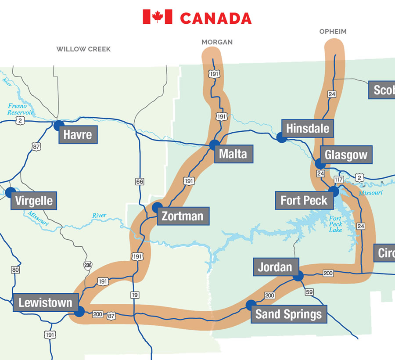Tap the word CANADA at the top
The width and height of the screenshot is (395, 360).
pyautogui.click(x=216, y=18)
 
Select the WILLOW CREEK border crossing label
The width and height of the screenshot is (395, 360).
pyautogui.click(x=83, y=49)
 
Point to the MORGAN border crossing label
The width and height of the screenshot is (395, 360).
pyautogui.click(x=217, y=42)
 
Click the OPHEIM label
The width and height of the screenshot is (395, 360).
pyautogui.click(x=333, y=32)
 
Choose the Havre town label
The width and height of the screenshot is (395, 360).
pyautogui.click(x=78, y=134)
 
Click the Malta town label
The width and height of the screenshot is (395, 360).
pyautogui.click(x=233, y=154)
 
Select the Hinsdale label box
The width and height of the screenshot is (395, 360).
pyautogui.click(x=307, y=129)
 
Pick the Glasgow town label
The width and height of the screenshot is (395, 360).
pyautogui.click(x=346, y=155)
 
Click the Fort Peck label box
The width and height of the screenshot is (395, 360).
pyautogui.click(x=304, y=201)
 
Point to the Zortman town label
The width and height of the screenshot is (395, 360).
pyautogui.click(x=183, y=216)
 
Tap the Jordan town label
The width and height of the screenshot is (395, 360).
pyautogui.click(x=275, y=267)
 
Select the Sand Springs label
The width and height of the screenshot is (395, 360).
pyautogui.click(x=288, y=314)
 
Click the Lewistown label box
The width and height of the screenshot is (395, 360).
pyautogui.click(x=45, y=303)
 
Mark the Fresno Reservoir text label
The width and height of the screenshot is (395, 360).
pyautogui.click(x=20, y=109)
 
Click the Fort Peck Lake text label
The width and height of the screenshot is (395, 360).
pyautogui.click(x=336, y=224)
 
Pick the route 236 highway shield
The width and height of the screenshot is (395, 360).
pyautogui.click(x=88, y=265)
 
